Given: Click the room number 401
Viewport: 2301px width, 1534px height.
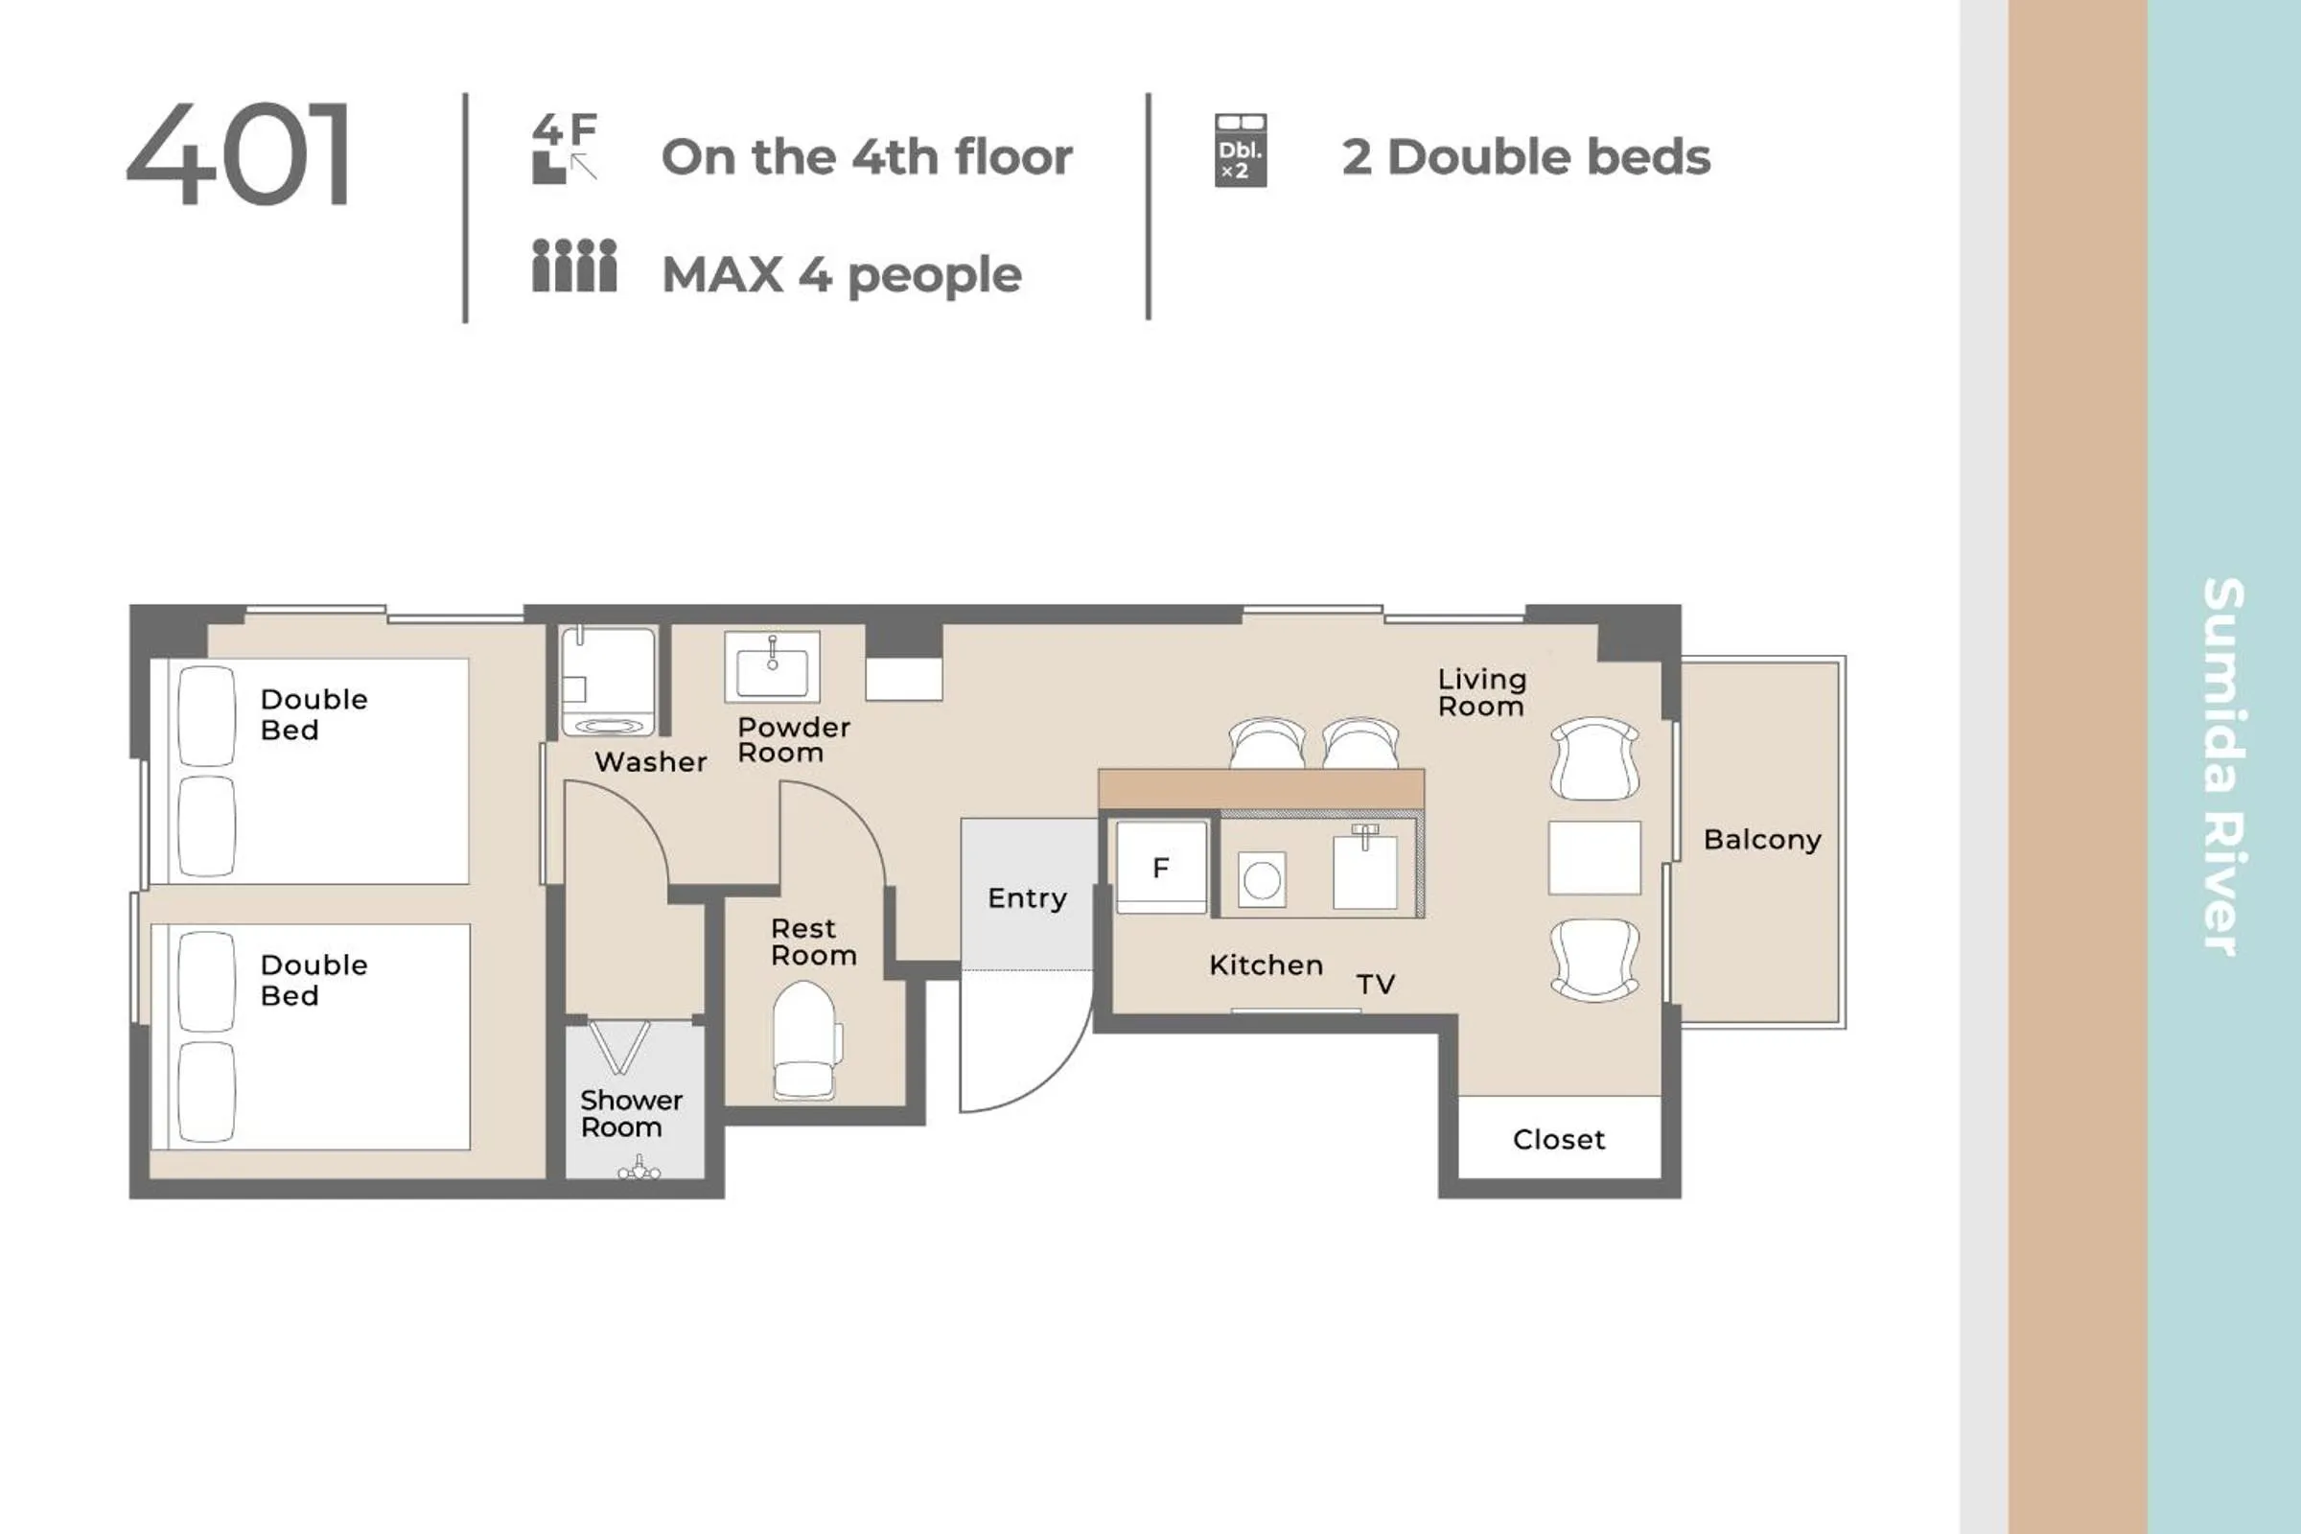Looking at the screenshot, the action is [x=238, y=153].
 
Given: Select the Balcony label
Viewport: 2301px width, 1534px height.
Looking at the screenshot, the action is [x=1762, y=840].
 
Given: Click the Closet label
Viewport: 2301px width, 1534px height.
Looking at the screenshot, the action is [x=1559, y=1139].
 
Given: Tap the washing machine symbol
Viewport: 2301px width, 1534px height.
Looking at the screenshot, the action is [x=608, y=681].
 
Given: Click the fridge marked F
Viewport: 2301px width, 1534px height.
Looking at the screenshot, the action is [x=1161, y=868].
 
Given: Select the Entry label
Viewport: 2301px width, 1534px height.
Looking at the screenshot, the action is [x=1027, y=898].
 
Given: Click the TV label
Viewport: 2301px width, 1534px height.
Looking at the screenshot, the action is [x=1376, y=985].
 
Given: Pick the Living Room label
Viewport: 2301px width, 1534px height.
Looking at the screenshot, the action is [x=1481, y=692].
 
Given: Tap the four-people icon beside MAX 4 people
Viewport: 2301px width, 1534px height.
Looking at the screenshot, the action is [x=574, y=266].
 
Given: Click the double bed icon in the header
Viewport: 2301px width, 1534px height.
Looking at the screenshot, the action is [x=1241, y=150].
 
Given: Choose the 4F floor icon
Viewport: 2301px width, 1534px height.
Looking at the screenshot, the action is [x=565, y=148].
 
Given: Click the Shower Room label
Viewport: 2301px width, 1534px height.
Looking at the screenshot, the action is [x=631, y=1113].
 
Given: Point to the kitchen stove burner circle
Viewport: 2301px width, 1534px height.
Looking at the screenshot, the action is [x=1262, y=880].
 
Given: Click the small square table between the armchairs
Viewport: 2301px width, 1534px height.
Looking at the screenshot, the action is [x=1593, y=858].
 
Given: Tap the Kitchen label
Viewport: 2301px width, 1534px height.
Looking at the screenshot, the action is [x=1266, y=965].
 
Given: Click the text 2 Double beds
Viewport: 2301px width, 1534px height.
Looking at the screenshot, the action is [x=1526, y=156].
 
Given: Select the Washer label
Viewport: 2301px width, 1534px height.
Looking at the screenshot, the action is [x=651, y=761].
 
